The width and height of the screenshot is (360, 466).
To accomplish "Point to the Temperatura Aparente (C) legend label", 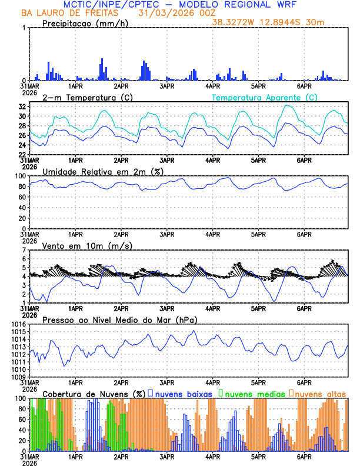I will (265, 97).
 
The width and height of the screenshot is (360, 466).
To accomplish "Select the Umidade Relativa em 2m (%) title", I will (102, 171).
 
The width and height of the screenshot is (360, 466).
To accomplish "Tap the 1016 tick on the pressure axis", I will (18, 324).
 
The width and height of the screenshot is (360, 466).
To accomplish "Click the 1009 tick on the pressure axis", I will (18, 377).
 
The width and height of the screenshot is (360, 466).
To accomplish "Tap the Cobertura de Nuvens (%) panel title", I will (94, 393).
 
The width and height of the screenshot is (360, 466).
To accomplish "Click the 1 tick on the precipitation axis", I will (25, 28).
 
